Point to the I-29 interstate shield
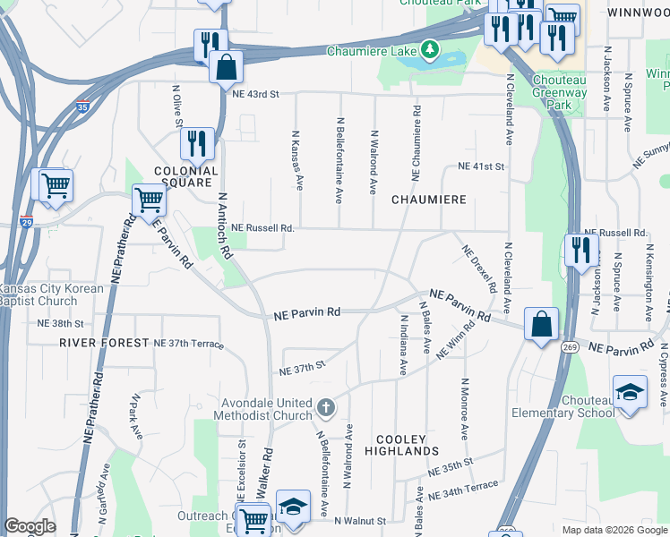pyautogui.click(x=27, y=221)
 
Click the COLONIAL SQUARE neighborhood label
pyautogui.click(x=186, y=176)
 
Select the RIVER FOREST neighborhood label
pyautogui.click(x=104, y=343)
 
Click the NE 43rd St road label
pyautogui.click(x=255, y=94)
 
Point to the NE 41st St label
pyautogui.click(x=482, y=166)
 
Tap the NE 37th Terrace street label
pyautogui.click(x=188, y=344)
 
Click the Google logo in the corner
pyautogui.click(x=29, y=526)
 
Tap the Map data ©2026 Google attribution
pyautogui.click(x=614, y=530)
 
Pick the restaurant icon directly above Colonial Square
pyautogui.click(x=197, y=142)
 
